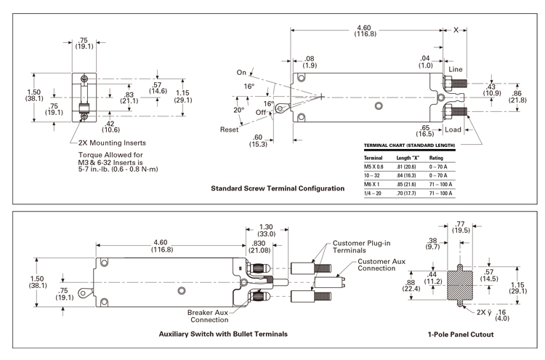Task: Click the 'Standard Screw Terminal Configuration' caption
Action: coord(278,188)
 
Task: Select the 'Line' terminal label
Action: coord(456,69)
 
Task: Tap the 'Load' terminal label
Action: coord(453,129)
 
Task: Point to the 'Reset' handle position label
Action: coord(229,129)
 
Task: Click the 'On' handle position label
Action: coord(241,72)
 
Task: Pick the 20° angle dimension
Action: coord(239,110)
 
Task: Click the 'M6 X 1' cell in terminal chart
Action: coord(371,184)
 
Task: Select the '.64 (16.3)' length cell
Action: coord(406,176)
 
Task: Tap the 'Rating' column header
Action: coord(436,158)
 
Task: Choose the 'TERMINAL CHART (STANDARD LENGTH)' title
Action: coord(409,145)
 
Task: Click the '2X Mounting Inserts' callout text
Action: coord(112,143)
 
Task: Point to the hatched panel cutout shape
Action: coord(459,286)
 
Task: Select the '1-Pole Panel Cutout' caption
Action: coord(461,335)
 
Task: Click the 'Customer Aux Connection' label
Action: coord(381,265)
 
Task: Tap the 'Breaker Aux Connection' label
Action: coord(209,316)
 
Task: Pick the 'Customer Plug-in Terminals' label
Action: coord(361,247)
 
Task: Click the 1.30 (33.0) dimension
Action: coord(267,231)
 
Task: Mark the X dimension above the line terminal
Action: coord(456,31)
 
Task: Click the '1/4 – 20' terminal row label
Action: coord(372,193)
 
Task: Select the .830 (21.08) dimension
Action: coord(259,247)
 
